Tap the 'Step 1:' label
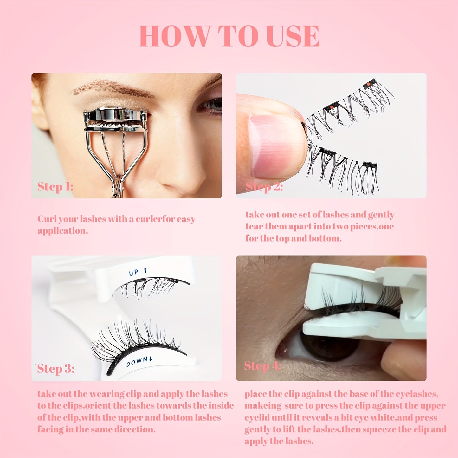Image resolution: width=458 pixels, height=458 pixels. tap(55, 187)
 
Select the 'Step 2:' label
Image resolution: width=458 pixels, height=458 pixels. tap(264, 187)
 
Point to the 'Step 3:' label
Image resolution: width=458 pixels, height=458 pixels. tap(56, 369)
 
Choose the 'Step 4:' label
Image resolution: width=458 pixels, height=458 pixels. tap(263, 366)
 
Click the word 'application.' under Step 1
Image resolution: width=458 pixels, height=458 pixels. tap(63, 231)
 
